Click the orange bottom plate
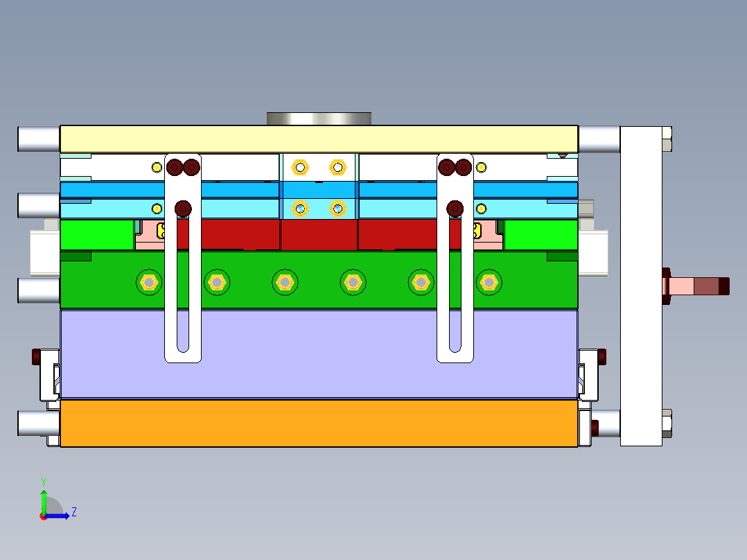pos(319,423)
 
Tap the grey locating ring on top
pos(319,119)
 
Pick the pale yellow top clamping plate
pos(319,139)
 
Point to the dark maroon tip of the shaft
pos(723,286)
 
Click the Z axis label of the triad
pos(73,512)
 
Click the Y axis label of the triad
pos(43,481)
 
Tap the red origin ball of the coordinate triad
pos(44,516)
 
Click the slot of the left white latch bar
pos(183,326)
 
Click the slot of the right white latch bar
pos(455,326)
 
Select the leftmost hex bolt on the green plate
pos(148,282)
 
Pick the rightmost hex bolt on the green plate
pos(489,282)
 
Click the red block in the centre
pos(319,234)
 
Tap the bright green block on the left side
pos(96,234)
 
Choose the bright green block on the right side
pos(541,234)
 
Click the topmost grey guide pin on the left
pos(39,139)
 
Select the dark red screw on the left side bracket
pos(36,357)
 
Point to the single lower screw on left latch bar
pos(184,208)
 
